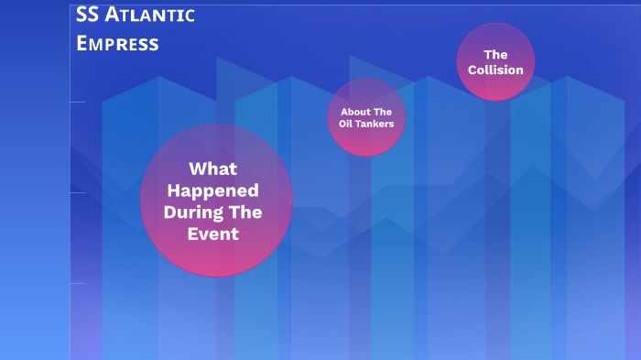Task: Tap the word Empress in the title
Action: [117, 43]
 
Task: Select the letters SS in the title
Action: [88, 16]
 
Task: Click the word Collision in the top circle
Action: [495, 70]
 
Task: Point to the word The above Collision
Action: [495, 54]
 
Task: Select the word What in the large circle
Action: [212, 169]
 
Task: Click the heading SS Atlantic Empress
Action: [135, 28]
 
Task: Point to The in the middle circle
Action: [382, 112]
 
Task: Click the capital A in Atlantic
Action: [121, 16]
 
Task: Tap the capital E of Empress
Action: [83, 43]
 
